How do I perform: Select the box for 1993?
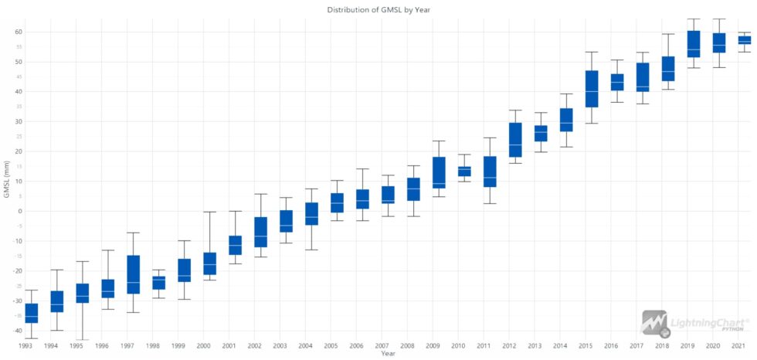[32, 313]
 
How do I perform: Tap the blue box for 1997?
[133, 274]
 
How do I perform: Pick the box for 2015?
[592, 89]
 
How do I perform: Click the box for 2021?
[745, 40]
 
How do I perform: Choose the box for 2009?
[439, 172]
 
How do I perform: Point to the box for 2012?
[515, 140]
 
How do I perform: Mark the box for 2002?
[260, 233]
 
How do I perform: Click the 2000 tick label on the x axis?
[204, 346]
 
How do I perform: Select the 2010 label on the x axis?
[458, 346]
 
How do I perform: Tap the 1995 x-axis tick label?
[77, 346]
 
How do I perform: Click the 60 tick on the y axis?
[18, 32]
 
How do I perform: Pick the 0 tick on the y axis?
[21, 211]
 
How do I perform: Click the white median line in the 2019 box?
[694, 50]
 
